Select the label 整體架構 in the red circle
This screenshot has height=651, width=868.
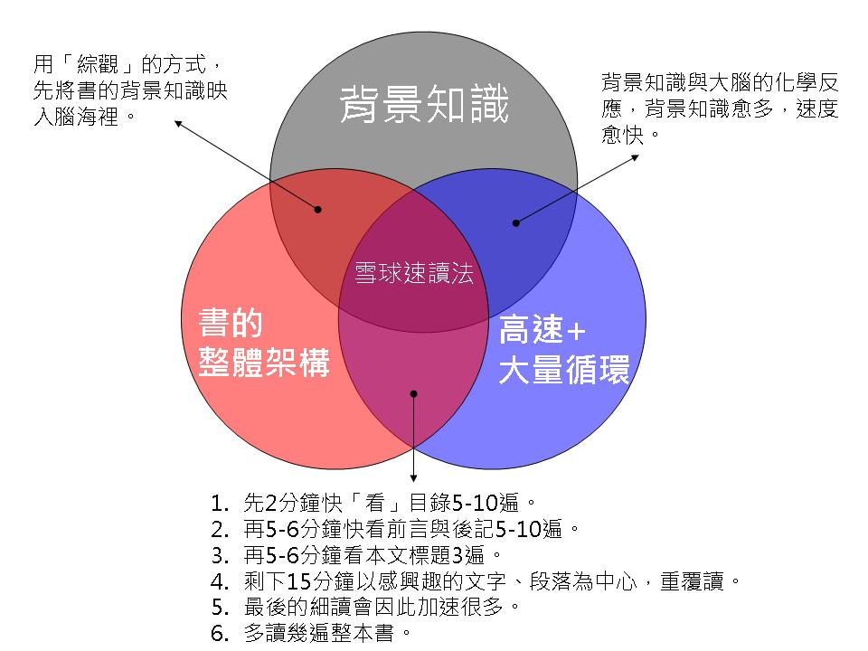tap(263, 363)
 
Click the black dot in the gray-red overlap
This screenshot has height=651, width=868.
tap(318, 210)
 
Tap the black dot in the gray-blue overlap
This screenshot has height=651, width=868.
tap(516, 222)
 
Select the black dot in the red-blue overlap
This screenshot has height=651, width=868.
tap(413, 394)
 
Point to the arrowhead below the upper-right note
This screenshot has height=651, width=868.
tap(636, 156)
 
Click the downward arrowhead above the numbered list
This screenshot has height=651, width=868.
tap(413, 478)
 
